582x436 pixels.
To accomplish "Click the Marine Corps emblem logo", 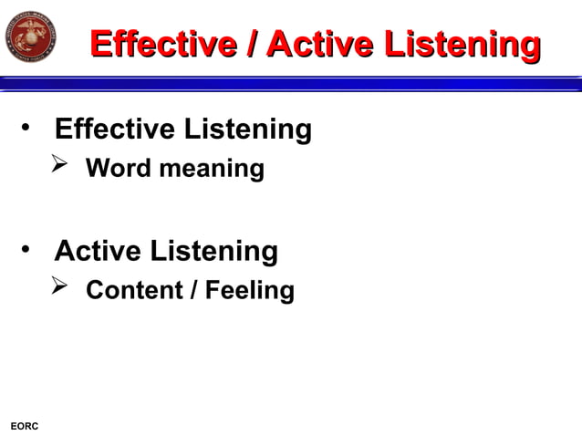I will click(30, 37).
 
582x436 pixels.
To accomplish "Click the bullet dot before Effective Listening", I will click(29, 127).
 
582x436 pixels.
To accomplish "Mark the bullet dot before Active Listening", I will click(29, 248).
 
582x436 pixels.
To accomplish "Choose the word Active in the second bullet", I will click(99, 250).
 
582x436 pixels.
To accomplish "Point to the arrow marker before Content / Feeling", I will click(60, 287).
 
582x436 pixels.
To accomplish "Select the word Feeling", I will click(249, 291).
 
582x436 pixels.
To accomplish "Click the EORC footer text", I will click(24, 426).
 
